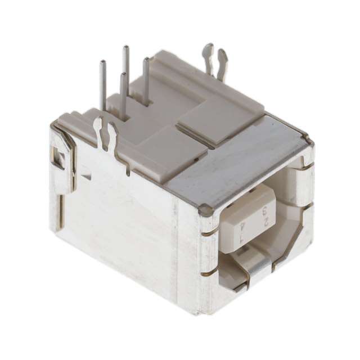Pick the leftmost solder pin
point(103,84)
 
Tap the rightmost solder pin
point(146,79)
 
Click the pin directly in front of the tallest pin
point(123,96)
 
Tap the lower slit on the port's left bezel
point(209,272)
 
